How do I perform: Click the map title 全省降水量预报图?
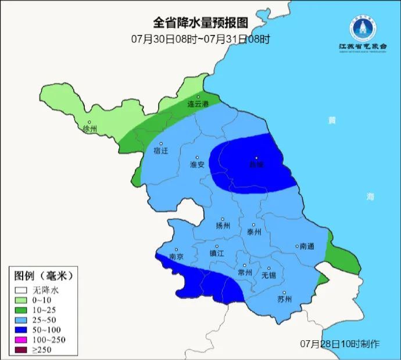click(201, 23)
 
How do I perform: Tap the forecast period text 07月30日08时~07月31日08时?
click(201, 39)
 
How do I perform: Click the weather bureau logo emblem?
click(363, 26)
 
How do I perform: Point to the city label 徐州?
click(90, 129)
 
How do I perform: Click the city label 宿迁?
click(160, 151)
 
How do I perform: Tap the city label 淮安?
click(197, 165)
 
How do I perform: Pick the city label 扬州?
click(223, 226)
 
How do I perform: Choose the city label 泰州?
click(254, 231)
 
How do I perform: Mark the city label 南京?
click(176, 256)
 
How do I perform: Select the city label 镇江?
click(216, 254)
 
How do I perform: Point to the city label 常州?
click(245, 272)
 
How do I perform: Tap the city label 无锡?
click(268, 275)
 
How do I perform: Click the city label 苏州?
click(284, 300)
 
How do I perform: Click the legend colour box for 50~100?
click(22, 330)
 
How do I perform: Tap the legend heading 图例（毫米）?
click(43, 275)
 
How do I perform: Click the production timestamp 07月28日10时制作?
click(340, 343)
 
